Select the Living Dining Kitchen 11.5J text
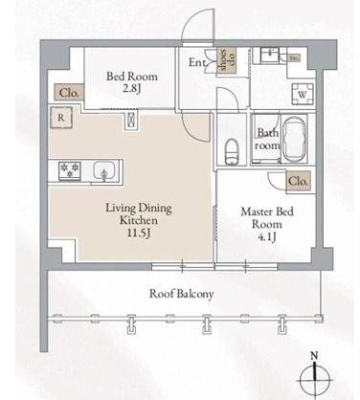[x=130, y=218]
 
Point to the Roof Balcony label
[x=180, y=294]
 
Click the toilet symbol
[x=231, y=149]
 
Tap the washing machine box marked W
[x=302, y=95]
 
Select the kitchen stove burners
[x=69, y=170]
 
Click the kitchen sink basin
[x=105, y=172]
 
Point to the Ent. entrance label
[x=197, y=64]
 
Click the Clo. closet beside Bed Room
[x=69, y=94]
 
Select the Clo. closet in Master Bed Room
[x=298, y=179]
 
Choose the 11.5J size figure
[x=130, y=233]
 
